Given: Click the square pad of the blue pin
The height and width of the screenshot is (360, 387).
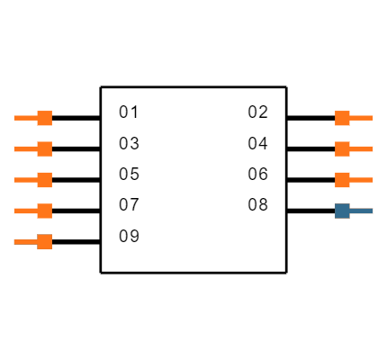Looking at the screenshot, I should click(x=342, y=211).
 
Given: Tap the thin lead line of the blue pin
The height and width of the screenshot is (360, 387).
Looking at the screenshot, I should click(x=362, y=211).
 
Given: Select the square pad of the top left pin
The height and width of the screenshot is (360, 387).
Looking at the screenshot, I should click(x=44, y=118).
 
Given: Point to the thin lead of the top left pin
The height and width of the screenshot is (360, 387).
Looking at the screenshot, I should click(x=25, y=118).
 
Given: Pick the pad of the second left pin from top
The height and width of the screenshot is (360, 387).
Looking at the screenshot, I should click(x=44, y=148).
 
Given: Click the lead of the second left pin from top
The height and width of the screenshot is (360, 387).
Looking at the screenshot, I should click(x=25, y=148).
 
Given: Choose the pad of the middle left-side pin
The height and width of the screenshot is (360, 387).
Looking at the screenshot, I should click(x=44, y=180).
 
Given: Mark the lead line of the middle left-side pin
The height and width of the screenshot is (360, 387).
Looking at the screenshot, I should click(x=25, y=180).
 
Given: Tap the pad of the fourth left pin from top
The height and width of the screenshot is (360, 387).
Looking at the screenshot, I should click(x=44, y=211).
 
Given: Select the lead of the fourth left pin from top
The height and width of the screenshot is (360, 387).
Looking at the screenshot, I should click(x=25, y=211).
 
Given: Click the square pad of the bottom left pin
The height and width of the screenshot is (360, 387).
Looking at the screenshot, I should click(x=44, y=241).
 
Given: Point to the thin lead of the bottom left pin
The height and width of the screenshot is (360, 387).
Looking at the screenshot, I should click(x=25, y=241).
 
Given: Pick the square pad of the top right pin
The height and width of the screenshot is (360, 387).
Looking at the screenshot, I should click(x=342, y=118).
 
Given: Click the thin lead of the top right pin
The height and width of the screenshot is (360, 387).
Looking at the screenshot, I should click(x=362, y=118).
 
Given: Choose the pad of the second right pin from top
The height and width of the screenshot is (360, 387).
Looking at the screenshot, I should click(x=342, y=148).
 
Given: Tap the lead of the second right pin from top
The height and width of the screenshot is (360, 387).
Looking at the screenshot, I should click(x=362, y=148).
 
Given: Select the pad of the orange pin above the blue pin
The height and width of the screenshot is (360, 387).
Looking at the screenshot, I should click(x=342, y=180).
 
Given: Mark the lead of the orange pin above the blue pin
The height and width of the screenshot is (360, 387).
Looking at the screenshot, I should click(x=362, y=180).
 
